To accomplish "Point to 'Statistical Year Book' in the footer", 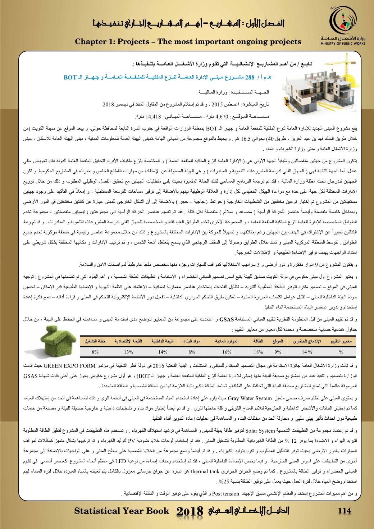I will [122, 511].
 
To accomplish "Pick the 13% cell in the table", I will [128, 352].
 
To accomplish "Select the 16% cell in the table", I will [227, 352].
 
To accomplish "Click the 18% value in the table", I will [259, 352].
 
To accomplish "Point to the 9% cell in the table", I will [278, 352].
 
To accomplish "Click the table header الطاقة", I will [259, 341].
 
